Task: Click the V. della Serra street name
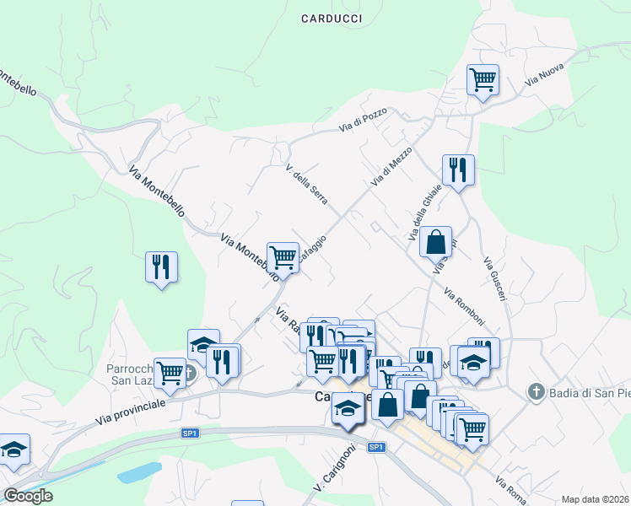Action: (x=306, y=183)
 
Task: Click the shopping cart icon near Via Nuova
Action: (x=483, y=80)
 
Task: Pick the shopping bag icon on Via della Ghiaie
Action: (x=435, y=242)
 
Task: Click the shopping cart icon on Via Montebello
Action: (x=283, y=257)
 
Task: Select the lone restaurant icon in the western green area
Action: (x=161, y=266)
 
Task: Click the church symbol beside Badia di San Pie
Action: (x=534, y=392)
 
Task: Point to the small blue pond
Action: (x=139, y=472)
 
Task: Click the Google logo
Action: (x=28, y=496)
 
